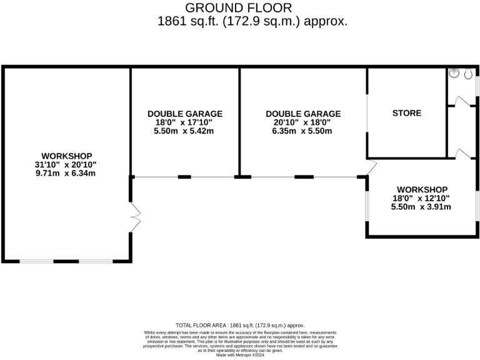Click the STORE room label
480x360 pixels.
tap(406, 113)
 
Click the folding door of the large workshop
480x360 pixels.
tap(135, 217)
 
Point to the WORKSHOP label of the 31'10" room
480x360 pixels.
tap(67, 156)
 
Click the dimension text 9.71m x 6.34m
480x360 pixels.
tap(67, 173)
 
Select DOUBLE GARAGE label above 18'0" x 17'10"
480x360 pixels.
tap(185, 114)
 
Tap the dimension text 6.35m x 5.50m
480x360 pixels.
tap(303, 131)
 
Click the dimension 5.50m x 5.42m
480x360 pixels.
tap(185, 131)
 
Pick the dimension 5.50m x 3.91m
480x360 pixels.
tap(421, 207)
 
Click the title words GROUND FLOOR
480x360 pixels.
tap(239, 7)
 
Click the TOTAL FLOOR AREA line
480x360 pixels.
tap(240, 325)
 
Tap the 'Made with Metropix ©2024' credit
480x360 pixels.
tap(240, 355)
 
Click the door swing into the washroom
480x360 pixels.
tap(461, 101)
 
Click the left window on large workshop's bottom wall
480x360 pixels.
tap(36, 260)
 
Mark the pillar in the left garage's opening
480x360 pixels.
tap(184, 177)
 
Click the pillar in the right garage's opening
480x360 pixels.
tap(304, 177)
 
